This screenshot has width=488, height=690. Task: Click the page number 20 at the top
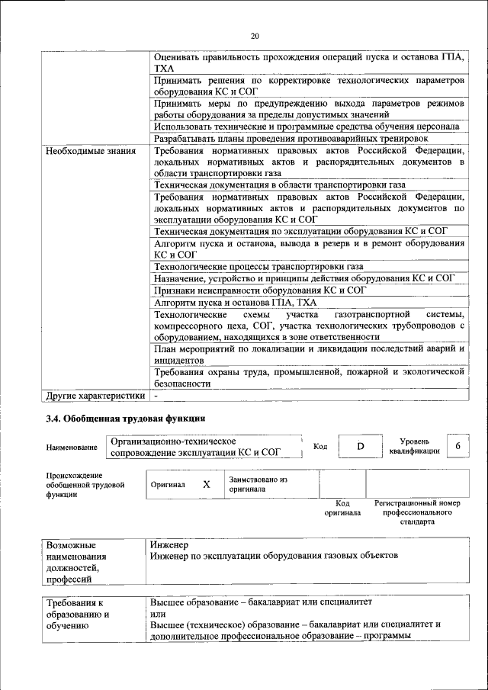click(x=255, y=35)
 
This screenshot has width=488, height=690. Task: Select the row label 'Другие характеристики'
click(x=95, y=396)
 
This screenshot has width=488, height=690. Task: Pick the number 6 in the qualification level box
click(x=457, y=446)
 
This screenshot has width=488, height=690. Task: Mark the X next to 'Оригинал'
click(x=206, y=484)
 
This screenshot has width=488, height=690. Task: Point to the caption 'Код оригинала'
click(x=342, y=509)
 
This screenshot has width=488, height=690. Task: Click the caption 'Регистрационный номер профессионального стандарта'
click(x=417, y=513)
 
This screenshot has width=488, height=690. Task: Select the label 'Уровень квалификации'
click(x=414, y=446)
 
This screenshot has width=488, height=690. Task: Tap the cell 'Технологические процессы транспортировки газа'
click(x=258, y=266)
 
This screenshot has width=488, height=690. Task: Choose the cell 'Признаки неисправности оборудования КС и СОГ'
click(x=259, y=290)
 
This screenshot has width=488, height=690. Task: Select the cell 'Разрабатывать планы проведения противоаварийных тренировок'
click(x=291, y=139)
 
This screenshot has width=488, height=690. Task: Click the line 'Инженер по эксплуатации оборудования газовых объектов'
click(x=275, y=556)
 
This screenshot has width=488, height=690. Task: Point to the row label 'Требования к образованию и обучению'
click(x=79, y=614)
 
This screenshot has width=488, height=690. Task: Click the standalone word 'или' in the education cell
click(x=158, y=614)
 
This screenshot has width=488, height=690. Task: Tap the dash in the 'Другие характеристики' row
click(x=156, y=396)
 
